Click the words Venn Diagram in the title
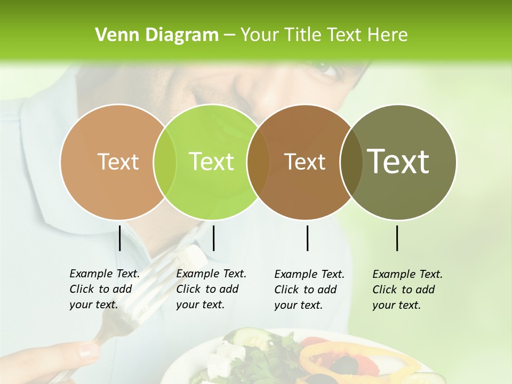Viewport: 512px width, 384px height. (x=157, y=35)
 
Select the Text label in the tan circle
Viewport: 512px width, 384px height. (x=118, y=162)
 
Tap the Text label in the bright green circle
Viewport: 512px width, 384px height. (x=212, y=162)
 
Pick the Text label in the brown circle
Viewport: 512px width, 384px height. (x=305, y=162)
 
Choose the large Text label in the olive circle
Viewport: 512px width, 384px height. (x=398, y=162)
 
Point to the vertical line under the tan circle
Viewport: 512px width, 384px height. (x=119, y=238)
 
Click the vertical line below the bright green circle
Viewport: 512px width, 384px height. (x=213, y=238)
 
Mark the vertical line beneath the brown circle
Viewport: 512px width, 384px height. (x=307, y=238)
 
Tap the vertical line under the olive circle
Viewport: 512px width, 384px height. (x=397, y=238)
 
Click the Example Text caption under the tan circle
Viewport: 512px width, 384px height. (x=105, y=289)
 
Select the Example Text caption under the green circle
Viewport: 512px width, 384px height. (x=211, y=289)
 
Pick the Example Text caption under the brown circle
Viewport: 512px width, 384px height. (x=309, y=290)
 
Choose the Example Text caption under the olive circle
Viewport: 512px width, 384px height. (x=407, y=290)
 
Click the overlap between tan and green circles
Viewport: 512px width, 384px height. (x=165, y=162)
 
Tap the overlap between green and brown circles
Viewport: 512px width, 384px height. (x=258, y=162)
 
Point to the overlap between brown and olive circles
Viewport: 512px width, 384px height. (x=351, y=162)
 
